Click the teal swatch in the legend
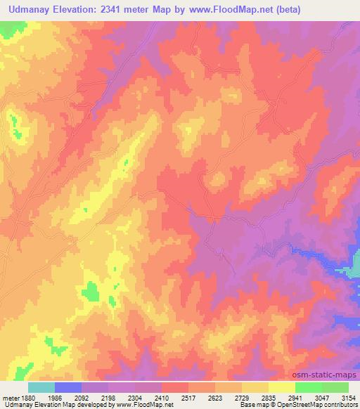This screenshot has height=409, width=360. pyautogui.click(x=41, y=387)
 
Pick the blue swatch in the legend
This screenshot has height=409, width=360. pyautogui.click(x=68, y=387)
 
